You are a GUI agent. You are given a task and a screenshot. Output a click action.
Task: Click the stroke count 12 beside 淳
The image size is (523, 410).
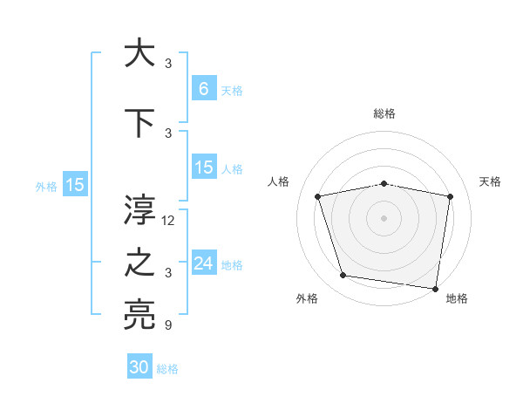169,221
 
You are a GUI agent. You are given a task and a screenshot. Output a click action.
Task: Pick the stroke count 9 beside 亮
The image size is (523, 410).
168,325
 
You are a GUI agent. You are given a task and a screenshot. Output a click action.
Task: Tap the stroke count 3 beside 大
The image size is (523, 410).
168,63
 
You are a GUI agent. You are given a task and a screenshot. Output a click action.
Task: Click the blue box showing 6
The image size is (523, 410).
204,88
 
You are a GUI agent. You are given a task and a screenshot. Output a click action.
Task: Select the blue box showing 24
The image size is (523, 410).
204,263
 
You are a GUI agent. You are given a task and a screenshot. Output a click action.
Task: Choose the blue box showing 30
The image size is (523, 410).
139,367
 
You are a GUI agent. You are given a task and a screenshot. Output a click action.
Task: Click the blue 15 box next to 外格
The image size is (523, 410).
75,185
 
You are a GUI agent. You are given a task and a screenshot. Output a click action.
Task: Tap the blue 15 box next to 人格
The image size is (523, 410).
204,167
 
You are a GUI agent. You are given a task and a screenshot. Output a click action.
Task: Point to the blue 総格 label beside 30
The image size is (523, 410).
167,369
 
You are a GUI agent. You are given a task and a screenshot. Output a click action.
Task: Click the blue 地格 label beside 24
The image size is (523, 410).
232,265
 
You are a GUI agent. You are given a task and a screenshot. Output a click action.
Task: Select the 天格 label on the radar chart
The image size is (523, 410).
490,181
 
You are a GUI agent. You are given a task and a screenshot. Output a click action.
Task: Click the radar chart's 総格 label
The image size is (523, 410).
384,113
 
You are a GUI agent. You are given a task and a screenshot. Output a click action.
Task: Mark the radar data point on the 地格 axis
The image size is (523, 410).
435,288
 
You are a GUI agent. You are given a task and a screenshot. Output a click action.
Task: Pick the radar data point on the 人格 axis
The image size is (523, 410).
318,196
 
